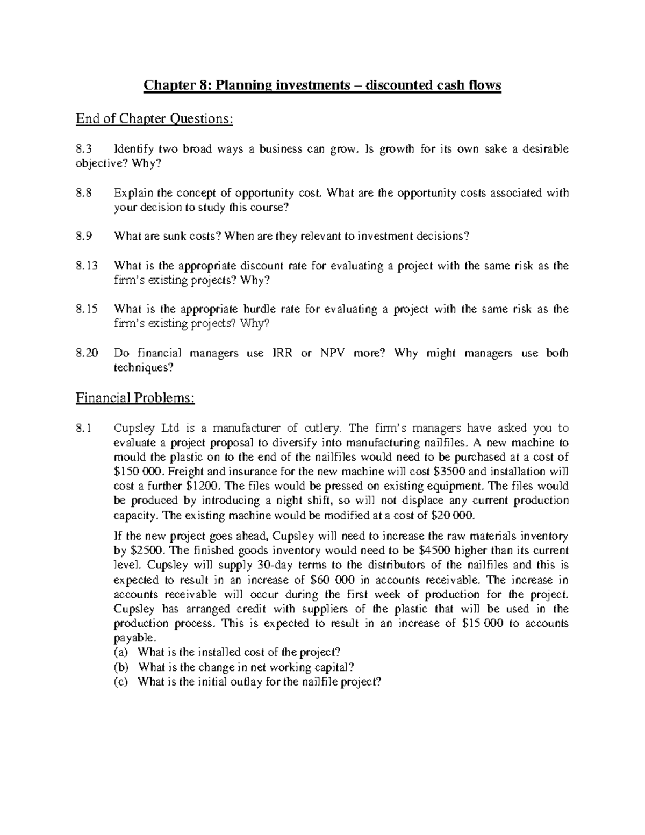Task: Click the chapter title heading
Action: click(322, 85)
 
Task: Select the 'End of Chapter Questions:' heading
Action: click(155, 118)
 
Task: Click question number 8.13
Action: click(87, 266)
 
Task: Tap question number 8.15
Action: click(87, 309)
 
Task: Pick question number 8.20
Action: click(87, 353)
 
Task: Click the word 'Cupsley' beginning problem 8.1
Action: click(132, 429)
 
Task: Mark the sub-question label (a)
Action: click(120, 653)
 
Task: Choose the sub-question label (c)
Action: click(120, 682)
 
